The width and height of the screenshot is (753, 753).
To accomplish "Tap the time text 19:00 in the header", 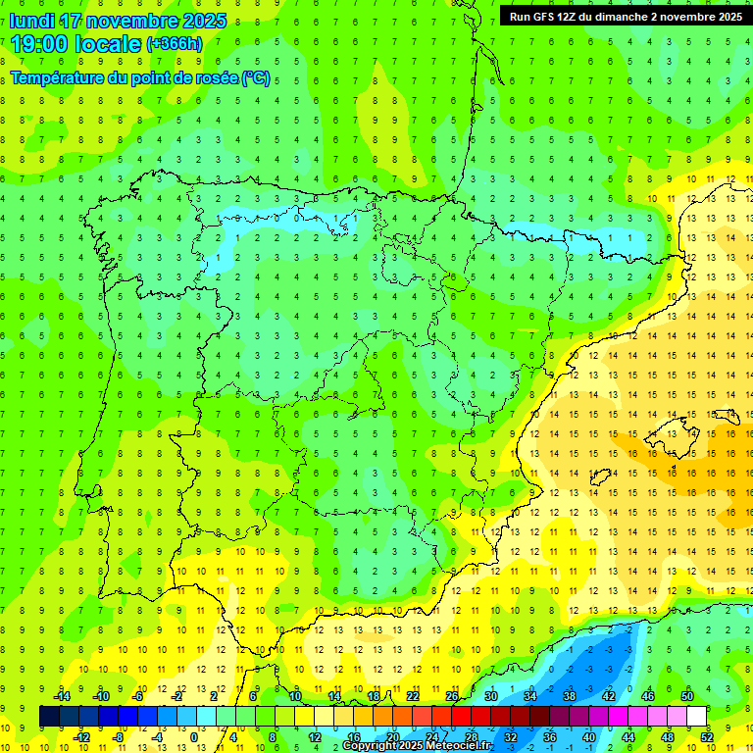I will (38, 43).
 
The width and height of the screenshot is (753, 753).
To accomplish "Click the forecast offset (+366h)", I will (175, 44).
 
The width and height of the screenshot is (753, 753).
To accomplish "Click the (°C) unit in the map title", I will (255, 77).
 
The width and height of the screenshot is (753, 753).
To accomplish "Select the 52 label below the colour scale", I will (707, 737).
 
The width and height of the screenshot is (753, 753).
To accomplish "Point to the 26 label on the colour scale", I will (452, 695).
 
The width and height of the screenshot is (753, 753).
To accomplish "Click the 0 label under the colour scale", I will (194, 737).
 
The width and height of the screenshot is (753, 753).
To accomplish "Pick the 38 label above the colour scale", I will (570, 695).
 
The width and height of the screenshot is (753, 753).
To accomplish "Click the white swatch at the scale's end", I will (697, 717).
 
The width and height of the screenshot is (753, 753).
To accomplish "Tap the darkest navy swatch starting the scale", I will (49, 717).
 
